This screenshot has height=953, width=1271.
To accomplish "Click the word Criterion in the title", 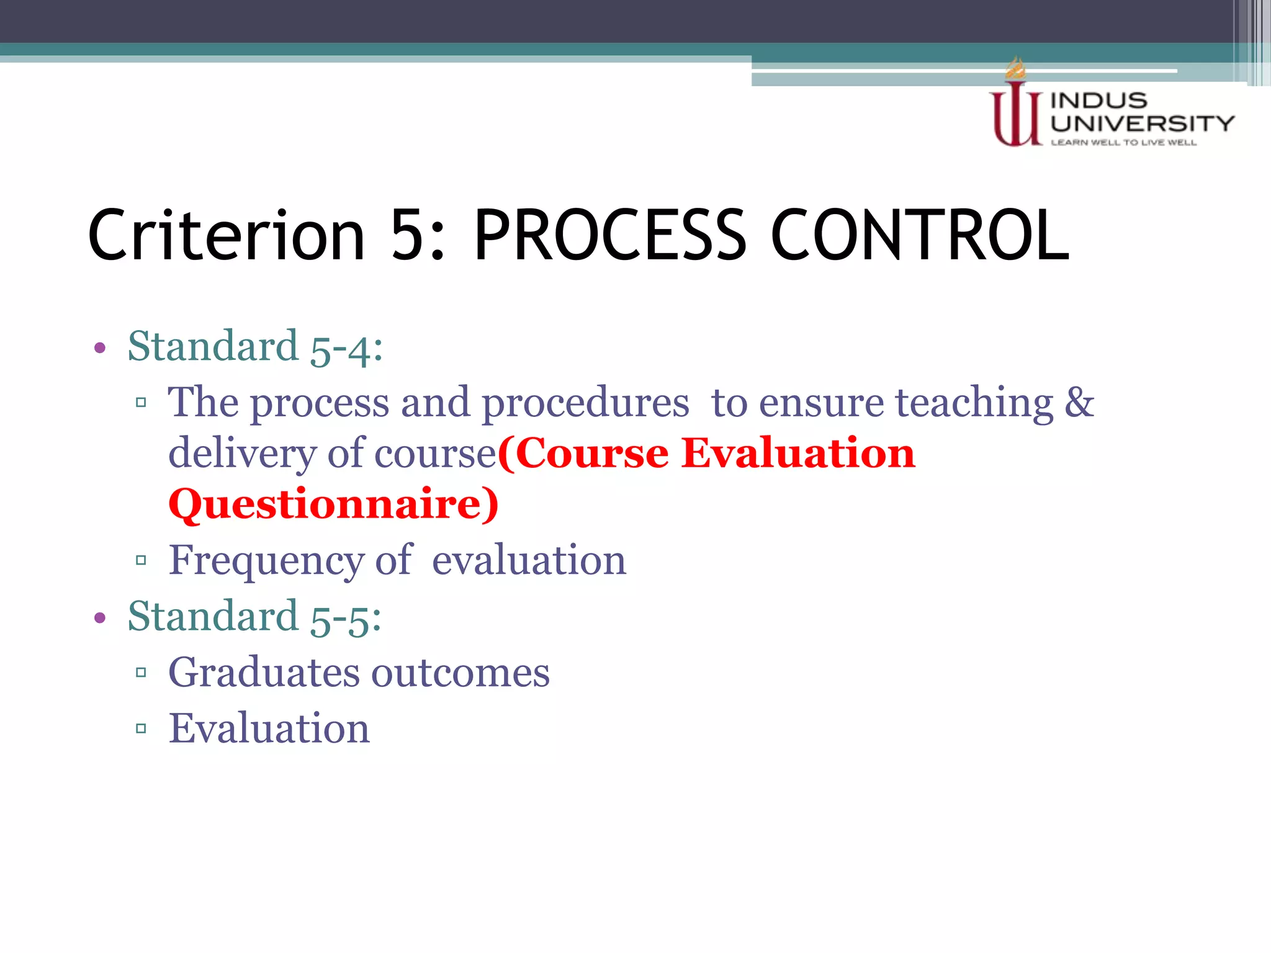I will [227, 236].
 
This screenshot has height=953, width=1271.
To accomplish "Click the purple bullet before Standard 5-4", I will [100, 347].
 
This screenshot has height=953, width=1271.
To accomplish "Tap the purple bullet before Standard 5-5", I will [100, 617].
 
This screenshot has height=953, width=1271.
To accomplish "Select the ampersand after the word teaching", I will [1079, 402].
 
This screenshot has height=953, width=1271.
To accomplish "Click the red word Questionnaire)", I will [333, 504].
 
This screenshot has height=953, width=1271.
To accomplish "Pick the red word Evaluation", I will [798, 453].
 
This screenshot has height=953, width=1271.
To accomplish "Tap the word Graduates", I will [264, 673].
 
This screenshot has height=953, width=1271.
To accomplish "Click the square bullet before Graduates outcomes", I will [141, 672].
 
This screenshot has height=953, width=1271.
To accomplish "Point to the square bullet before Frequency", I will [141, 560].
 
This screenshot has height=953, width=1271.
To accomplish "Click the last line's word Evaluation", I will [269, 728].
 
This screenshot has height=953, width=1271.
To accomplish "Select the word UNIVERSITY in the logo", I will [1142, 123].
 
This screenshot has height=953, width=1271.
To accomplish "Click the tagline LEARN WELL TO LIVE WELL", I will [1123, 143].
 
